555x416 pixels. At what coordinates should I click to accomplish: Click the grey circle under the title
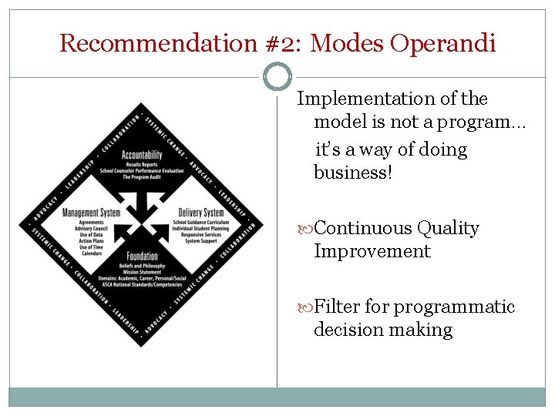[277, 76]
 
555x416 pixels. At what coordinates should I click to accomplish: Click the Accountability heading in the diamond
[141, 155]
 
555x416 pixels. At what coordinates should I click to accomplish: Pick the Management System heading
[91, 213]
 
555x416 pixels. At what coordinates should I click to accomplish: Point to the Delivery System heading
[200, 213]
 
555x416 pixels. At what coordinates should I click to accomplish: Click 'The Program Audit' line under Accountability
[141, 177]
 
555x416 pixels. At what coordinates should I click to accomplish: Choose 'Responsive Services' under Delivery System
[200, 235]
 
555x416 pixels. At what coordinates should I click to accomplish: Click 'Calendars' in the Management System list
[91, 253]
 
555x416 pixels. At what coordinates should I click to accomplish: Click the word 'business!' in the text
[353, 173]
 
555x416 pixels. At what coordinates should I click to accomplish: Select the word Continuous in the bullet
[364, 228]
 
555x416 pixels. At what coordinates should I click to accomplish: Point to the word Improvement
[372, 251]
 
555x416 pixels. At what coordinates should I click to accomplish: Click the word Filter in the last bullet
[338, 307]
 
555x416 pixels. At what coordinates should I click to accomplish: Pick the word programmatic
[454, 307]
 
